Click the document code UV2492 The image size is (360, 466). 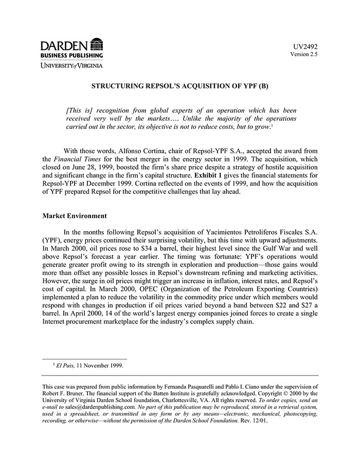pos(305,46)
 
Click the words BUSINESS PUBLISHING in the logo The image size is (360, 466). pos(72,55)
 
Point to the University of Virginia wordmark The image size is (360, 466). pos(72,65)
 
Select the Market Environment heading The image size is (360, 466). pos(75,216)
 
